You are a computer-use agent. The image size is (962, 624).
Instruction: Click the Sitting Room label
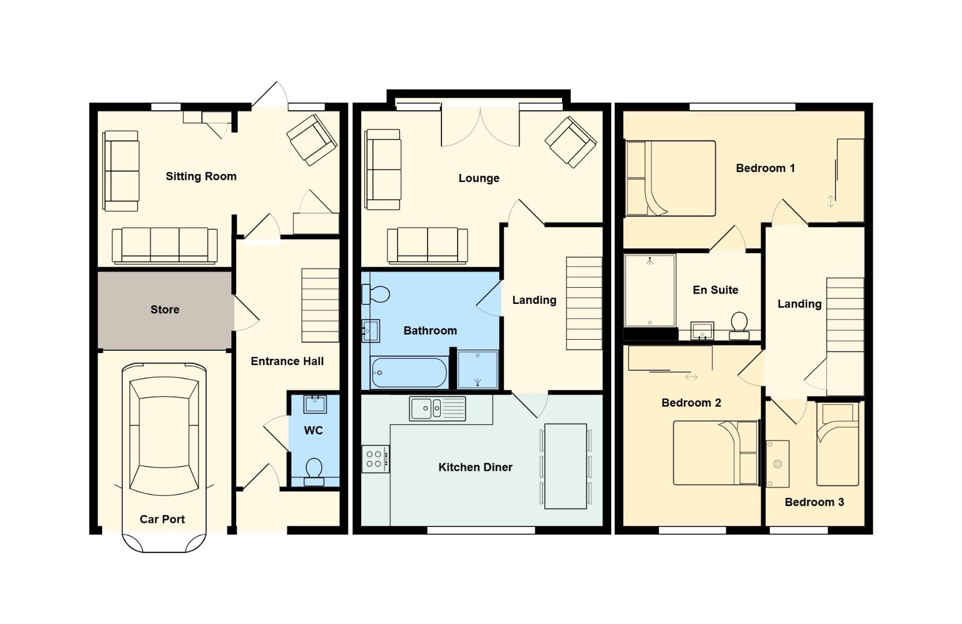click(x=201, y=176)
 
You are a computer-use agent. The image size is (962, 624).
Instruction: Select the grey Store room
click(x=164, y=310)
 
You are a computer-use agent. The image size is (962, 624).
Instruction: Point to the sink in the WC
click(x=315, y=404)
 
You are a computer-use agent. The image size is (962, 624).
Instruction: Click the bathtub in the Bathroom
click(x=409, y=373)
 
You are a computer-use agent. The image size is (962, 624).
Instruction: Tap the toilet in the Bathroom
click(x=376, y=294)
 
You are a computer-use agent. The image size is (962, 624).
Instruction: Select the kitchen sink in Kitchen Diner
click(x=437, y=408)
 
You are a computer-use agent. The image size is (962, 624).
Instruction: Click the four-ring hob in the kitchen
click(x=375, y=459)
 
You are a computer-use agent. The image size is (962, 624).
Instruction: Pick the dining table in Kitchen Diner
click(x=566, y=466)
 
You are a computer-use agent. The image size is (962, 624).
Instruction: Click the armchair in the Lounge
click(x=570, y=142)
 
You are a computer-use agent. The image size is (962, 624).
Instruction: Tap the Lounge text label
click(x=479, y=178)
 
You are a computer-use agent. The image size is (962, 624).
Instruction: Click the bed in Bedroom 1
click(x=671, y=179)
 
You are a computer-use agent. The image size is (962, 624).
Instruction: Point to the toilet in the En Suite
click(x=739, y=325)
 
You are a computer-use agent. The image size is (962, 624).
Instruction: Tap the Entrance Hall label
click(x=287, y=361)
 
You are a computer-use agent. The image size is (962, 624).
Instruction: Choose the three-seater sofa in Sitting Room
click(x=164, y=245)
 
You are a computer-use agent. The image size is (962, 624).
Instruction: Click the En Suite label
click(x=715, y=290)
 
